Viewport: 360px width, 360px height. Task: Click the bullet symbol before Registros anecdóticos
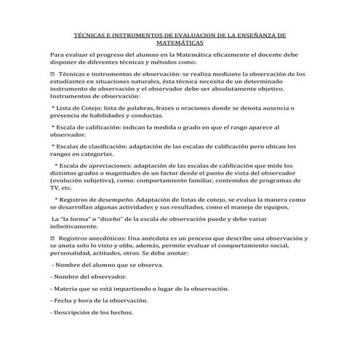[52, 239]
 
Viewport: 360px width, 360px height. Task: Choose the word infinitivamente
[76, 226]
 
